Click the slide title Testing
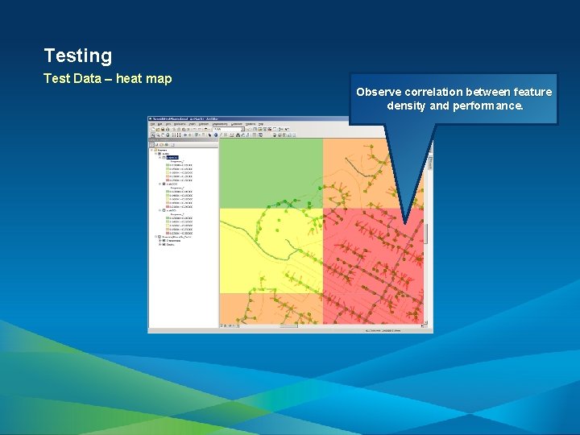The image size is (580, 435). point(78,56)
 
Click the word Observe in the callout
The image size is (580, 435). point(378,92)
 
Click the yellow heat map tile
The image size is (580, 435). point(271,250)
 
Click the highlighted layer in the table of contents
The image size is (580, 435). point(172,158)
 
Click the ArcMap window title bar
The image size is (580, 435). point(242,119)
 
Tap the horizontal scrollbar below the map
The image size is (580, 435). point(322,326)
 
